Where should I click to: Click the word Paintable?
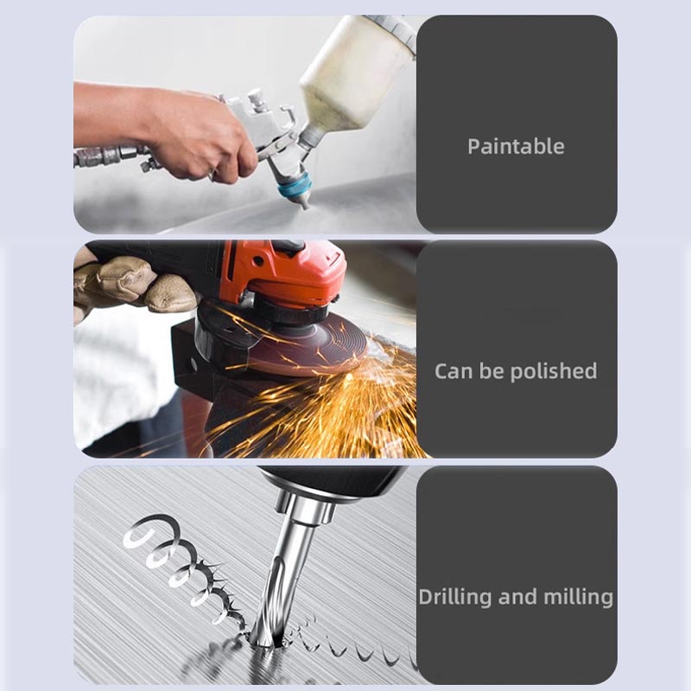point(516,147)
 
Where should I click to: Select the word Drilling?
point(455,598)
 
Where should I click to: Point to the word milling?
point(578,598)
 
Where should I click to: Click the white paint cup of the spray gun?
point(357,71)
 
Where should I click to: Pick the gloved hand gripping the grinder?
point(132,284)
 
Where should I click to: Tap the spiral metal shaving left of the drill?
point(185,568)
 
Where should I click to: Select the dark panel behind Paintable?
point(517,124)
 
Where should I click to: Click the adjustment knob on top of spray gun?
point(257,99)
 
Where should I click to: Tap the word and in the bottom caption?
point(517,598)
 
